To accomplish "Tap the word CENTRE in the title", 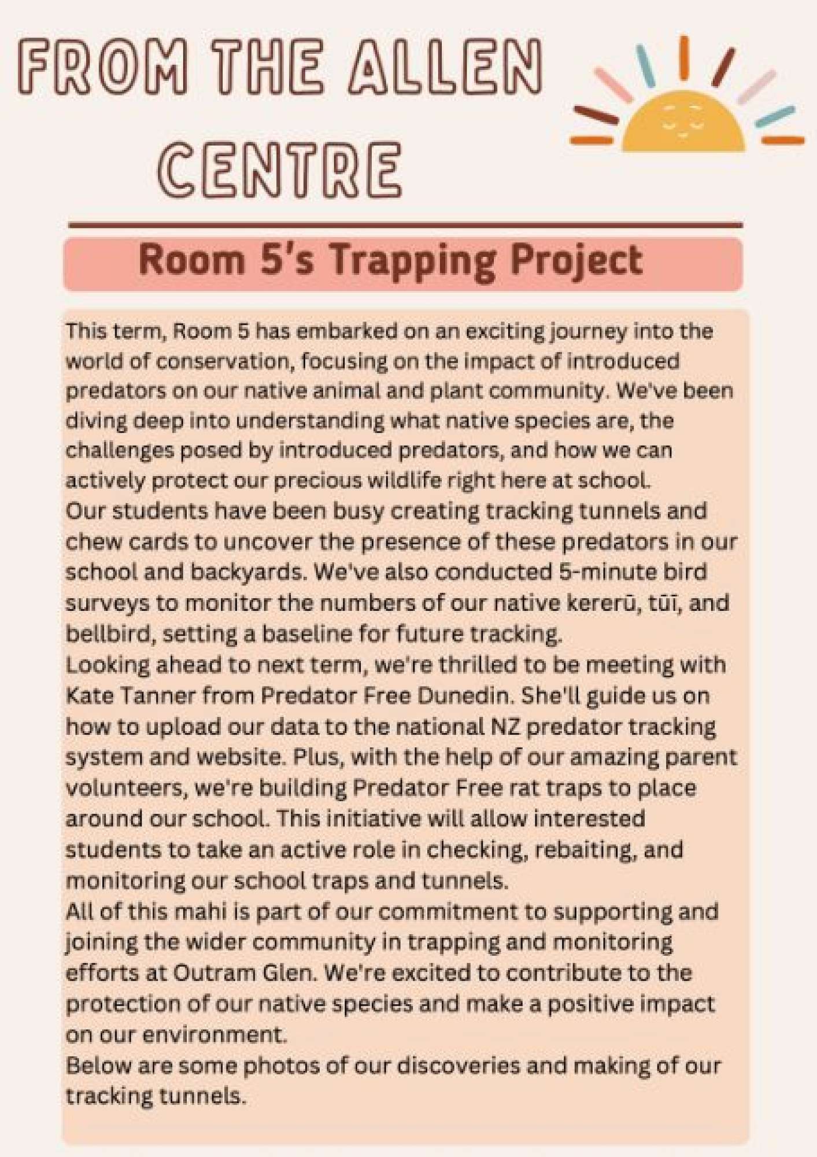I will tap(279, 171).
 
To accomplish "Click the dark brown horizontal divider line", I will tap(405, 224).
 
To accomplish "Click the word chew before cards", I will tap(93, 541).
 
